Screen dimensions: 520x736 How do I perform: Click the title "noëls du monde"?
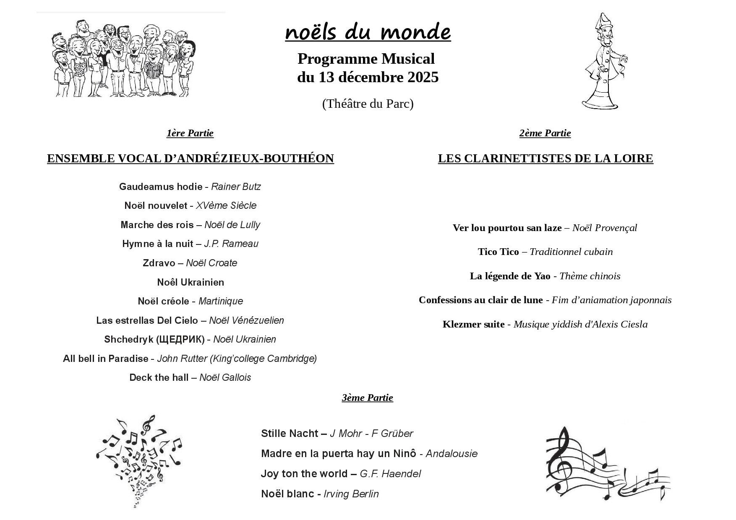(x=368, y=32)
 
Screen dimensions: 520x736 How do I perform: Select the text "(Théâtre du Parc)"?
(x=368, y=104)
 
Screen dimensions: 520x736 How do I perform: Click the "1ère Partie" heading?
(x=190, y=133)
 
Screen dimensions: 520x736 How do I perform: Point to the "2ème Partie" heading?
(x=545, y=133)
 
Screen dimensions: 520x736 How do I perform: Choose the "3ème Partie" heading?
(x=367, y=398)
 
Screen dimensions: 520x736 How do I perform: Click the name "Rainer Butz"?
(x=236, y=187)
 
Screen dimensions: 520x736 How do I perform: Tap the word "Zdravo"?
(x=159, y=263)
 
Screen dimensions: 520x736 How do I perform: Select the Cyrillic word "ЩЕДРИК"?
(x=180, y=339)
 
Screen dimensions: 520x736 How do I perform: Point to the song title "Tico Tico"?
(x=498, y=252)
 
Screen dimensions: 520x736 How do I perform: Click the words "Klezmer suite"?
(x=473, y=324)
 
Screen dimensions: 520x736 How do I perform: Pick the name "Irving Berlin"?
(x=351, y=494)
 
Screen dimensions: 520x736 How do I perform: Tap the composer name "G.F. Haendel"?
(x=390, y=474)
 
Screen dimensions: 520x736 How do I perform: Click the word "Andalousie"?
(x=452, y=454)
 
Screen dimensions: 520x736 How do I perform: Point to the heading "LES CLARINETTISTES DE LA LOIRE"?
(x=545, y=159)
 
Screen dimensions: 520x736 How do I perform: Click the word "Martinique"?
(x=221, y=301)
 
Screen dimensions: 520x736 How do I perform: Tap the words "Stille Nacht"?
(x=290, y=434)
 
